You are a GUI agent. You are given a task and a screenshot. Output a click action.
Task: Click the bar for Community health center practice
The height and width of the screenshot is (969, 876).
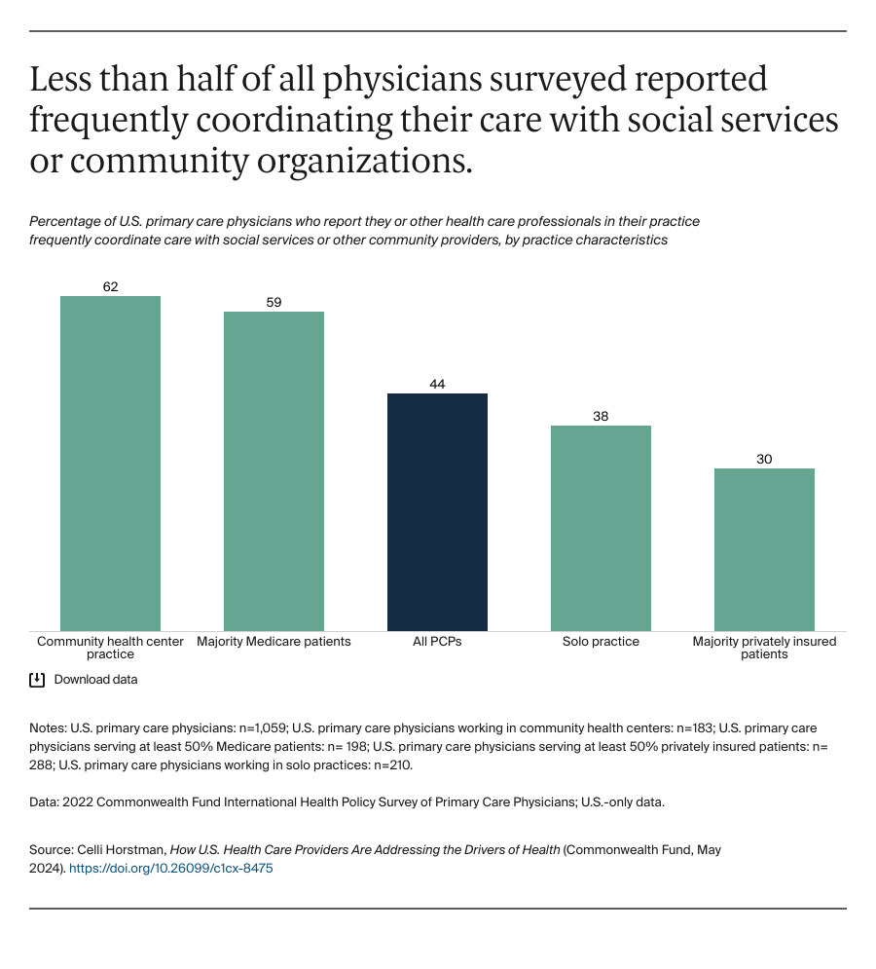(x=110, y=463)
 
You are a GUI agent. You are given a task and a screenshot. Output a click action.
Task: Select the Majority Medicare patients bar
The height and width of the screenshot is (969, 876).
(x=274, y=470)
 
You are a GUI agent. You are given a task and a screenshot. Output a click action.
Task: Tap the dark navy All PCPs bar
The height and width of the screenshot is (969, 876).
(x=437, y=511)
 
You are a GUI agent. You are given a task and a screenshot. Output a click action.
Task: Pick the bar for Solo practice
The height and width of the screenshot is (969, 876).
(x=601, y=528)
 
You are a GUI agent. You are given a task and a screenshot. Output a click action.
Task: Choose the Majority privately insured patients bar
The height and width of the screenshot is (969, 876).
(x=764, y=549)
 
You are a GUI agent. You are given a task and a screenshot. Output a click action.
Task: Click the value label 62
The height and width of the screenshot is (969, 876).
(x=110, y=286)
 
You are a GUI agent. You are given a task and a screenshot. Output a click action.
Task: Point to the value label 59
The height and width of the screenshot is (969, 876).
(x=274, y=302)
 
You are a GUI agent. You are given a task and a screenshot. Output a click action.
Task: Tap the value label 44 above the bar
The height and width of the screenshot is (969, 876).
(x=437, y=384)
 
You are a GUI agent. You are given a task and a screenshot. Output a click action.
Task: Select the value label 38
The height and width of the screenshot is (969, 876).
(x=601, y=416)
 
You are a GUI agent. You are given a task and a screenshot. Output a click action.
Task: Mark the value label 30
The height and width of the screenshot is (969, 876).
(x=764, y=459)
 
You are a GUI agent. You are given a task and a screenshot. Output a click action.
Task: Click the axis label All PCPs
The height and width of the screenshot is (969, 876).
(x=437, y=642)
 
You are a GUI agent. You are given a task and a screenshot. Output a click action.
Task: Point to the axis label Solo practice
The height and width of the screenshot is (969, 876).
(x=601, y=642)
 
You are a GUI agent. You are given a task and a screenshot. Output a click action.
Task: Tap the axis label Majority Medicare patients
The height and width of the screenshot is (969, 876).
(x=274, y=642)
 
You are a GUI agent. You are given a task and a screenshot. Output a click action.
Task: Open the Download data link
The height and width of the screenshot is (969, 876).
(x=95, y=680)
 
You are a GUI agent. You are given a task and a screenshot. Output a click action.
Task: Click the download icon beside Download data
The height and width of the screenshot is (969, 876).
(x=37, y=680)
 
